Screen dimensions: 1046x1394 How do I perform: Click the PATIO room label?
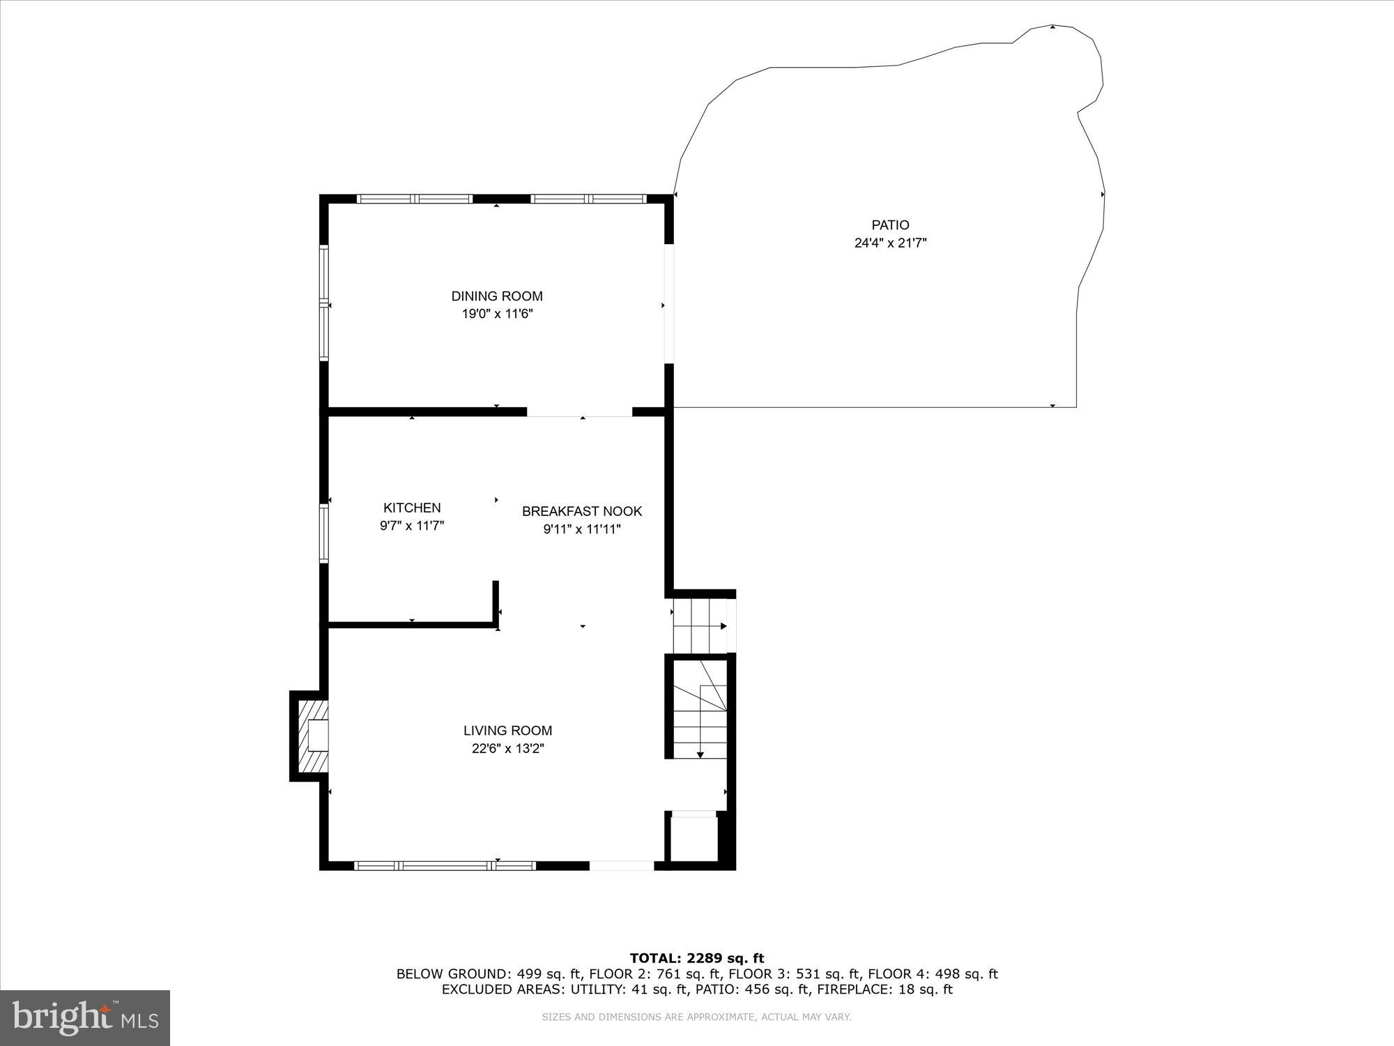pos(890,225)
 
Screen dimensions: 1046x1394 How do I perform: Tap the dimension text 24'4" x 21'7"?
pos(890,243)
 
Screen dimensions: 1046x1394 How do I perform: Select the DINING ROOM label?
pos(496,296)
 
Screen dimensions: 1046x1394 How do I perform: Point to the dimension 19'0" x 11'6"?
pos(496,314)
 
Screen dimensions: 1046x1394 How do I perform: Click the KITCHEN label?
pos(412,508)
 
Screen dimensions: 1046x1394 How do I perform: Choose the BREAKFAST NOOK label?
pos(582,511)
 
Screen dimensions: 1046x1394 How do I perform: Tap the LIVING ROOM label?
pos(507,731)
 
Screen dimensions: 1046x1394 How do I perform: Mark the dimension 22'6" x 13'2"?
pos(507,749)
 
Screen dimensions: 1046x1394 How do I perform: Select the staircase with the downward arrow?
pos(700,711)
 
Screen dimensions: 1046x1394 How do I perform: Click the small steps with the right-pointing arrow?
pos(699,626)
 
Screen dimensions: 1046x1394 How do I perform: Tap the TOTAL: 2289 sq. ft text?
pos(697,958)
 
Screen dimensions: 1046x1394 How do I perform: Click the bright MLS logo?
pos(85,1018)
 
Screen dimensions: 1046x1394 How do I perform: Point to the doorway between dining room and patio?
pos(669,304)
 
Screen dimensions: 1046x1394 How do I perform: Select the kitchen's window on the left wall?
pos(324,533)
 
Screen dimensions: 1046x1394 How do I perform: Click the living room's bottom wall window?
pos(445,865)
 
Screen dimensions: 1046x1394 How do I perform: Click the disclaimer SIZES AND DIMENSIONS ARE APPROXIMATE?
pos(697,1017)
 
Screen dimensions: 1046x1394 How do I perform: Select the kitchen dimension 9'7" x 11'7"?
pos(412,526)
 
